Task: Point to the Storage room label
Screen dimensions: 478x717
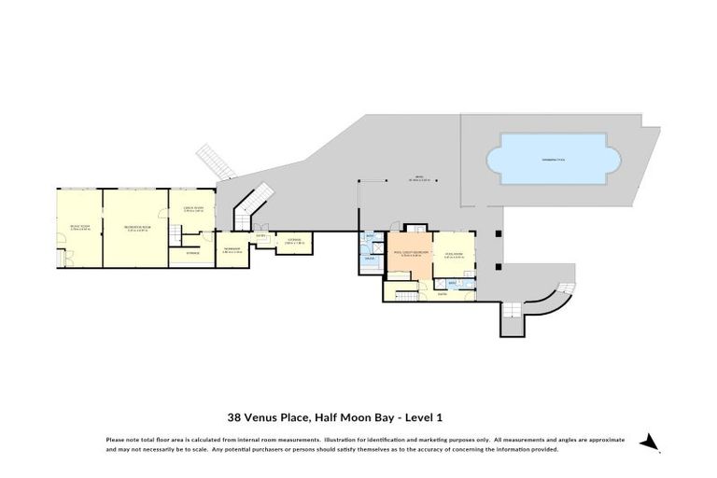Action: click(192, 253)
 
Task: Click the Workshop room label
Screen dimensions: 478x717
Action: click(232, 249)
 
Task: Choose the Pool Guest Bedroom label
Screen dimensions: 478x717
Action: click(411, 253)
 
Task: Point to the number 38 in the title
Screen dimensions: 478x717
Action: click(235, 418)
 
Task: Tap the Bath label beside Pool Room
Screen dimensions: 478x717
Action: click(452, 282)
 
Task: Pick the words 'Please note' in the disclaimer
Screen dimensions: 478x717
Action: click(123, 439)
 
